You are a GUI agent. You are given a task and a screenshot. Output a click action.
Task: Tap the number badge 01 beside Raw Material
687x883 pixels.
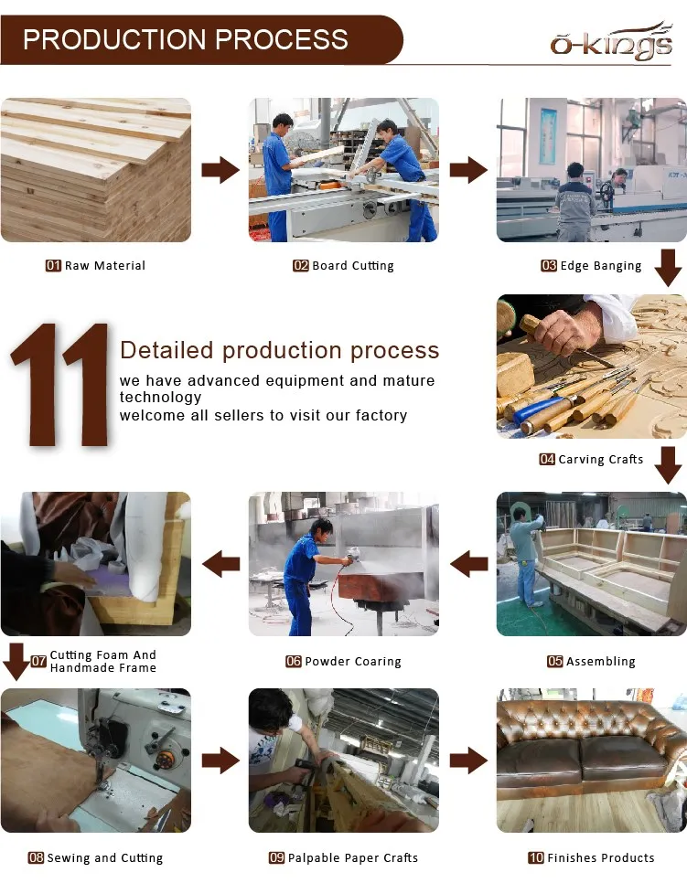(53, 265)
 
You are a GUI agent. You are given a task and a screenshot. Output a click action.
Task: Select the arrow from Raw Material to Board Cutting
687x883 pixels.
(220, 169)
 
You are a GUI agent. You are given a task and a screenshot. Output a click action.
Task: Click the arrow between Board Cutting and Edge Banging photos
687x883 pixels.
(468, 169)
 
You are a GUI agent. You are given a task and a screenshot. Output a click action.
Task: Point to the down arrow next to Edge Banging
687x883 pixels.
(669, 268)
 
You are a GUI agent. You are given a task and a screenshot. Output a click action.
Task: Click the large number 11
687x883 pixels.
(59, 385)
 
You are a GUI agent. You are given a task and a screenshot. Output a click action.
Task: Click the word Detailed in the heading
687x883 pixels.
(166, 350)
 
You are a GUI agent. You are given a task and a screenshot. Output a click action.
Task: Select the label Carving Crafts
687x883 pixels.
(601, 459)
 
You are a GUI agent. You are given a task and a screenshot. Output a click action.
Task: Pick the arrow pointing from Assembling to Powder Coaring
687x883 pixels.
(468, 564)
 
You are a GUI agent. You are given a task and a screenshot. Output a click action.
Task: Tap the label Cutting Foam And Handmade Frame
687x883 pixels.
(103, 661)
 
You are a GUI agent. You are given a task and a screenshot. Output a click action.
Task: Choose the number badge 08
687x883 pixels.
(36, 857)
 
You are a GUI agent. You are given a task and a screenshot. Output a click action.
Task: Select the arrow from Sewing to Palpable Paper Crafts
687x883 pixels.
(220, 761)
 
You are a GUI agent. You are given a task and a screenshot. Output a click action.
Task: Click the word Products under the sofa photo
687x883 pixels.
(627, 857)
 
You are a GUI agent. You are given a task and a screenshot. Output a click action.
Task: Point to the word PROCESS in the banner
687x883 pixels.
(281, 39)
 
